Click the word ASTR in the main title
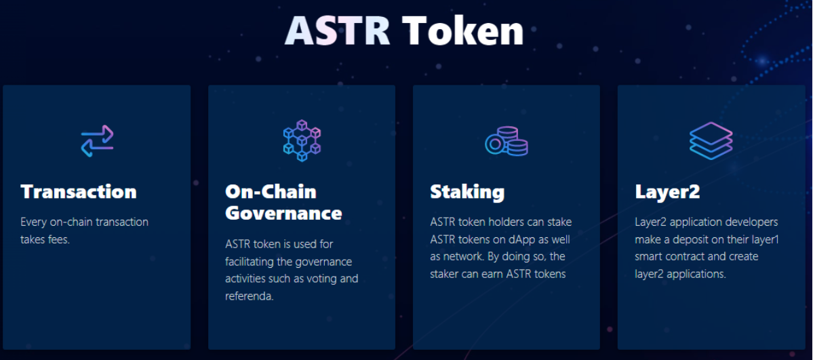(337, 31)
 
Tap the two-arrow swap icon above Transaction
(97, 140)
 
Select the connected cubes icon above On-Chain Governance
(302, 140)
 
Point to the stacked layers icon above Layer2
(711, 140)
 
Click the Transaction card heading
(79, 191)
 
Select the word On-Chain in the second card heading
(271, 191)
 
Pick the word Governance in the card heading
(283, 213)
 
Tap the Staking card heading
(467, 192)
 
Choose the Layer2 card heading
(667, 192)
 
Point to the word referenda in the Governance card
(250, 297)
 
